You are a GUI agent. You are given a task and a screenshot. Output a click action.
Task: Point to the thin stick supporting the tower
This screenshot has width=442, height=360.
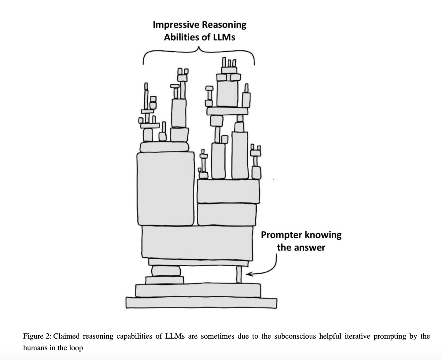pos(239,274)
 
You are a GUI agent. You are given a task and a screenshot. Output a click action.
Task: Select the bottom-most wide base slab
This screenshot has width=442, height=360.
pos(201,303)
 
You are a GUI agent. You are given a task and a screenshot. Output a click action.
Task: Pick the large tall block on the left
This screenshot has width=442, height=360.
pos(165,189)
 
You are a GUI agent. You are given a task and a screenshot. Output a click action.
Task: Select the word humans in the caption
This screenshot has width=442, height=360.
pos(35,348)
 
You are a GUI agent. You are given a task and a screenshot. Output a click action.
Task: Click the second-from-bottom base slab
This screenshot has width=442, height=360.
pos(198,290)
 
